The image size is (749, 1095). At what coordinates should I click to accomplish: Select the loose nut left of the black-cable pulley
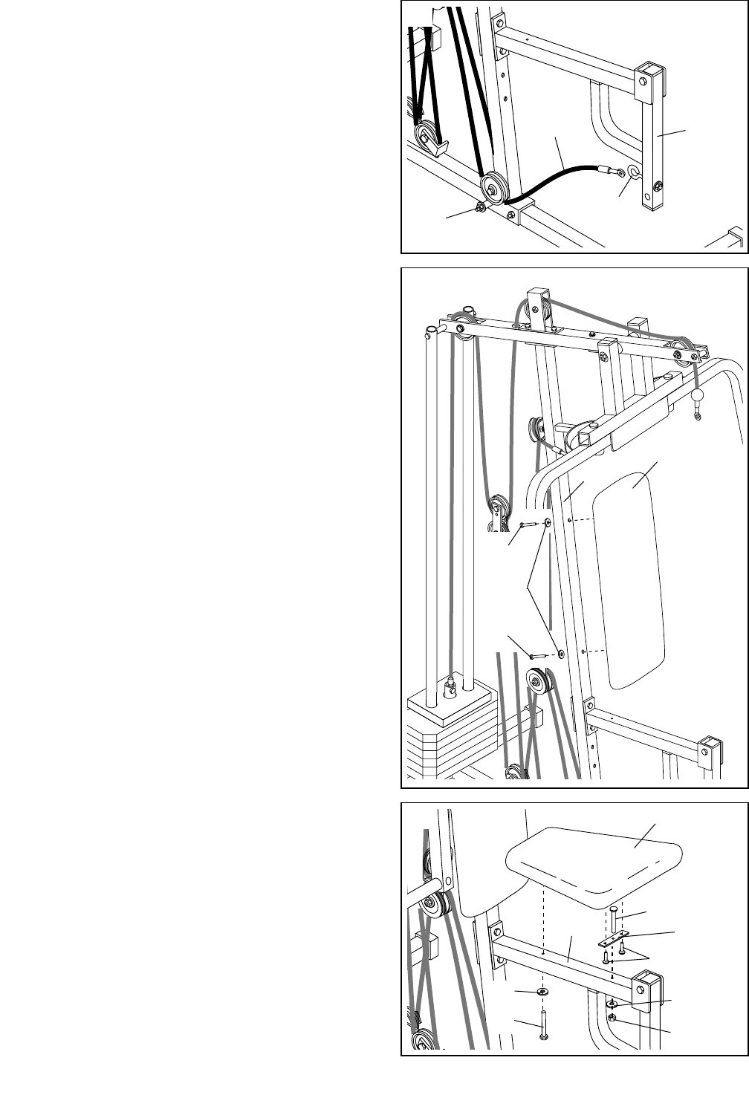[x=481, y=207]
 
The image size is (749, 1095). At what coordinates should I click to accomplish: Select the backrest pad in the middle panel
[x=637, y=572]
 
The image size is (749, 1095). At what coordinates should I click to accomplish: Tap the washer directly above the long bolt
[x=542, y=992]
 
